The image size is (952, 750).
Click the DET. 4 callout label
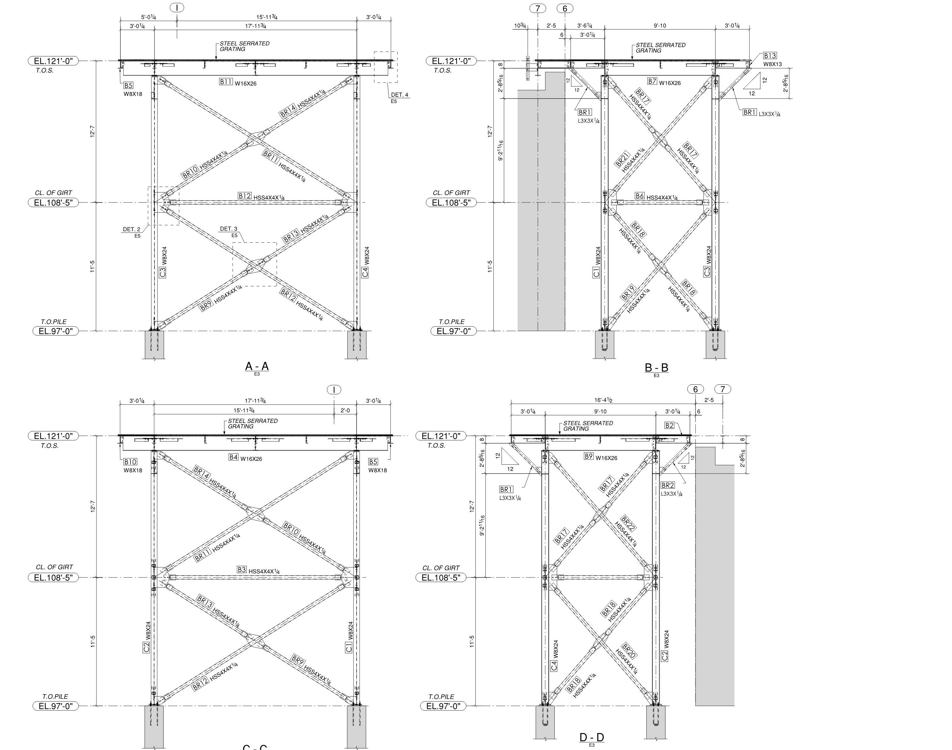(x=399, y=95)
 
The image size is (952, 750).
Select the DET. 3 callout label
(x=228, y=229)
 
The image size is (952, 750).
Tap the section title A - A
(x=257, y=366)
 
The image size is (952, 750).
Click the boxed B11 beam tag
(x=226, y=82)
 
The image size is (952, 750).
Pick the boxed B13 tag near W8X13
(x=770, y=56)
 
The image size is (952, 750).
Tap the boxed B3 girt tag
(x=242, y=569)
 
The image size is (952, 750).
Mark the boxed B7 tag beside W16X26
(x=652, y=81)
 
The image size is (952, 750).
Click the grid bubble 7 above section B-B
(x=538, y=8)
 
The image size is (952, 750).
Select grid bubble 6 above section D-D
(x=695, y=389)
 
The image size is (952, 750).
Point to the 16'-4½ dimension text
(x=604, y=400)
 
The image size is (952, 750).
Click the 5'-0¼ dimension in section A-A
(x=149, y=17)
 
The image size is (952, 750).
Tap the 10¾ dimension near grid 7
(x=520, y=26)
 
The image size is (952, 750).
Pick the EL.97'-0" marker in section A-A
(x=56, y=331)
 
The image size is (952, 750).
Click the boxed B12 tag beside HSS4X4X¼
(x=245, y=196)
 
